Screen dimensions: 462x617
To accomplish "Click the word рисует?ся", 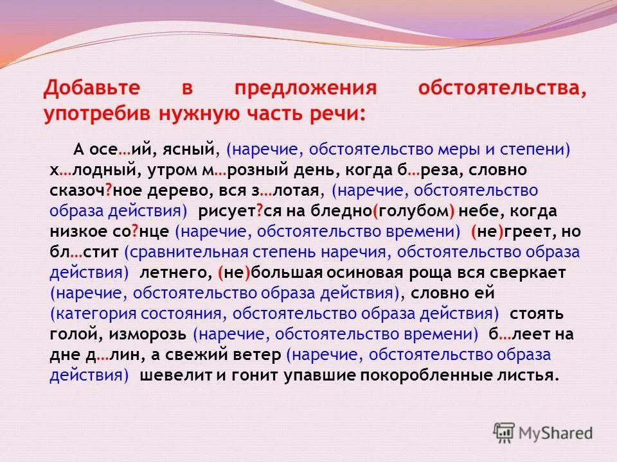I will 233,211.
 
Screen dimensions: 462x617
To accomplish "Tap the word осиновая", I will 392,273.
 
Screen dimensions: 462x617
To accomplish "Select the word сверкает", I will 528,273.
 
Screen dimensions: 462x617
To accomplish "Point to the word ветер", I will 257,355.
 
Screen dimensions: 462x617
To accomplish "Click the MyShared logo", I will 543,432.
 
